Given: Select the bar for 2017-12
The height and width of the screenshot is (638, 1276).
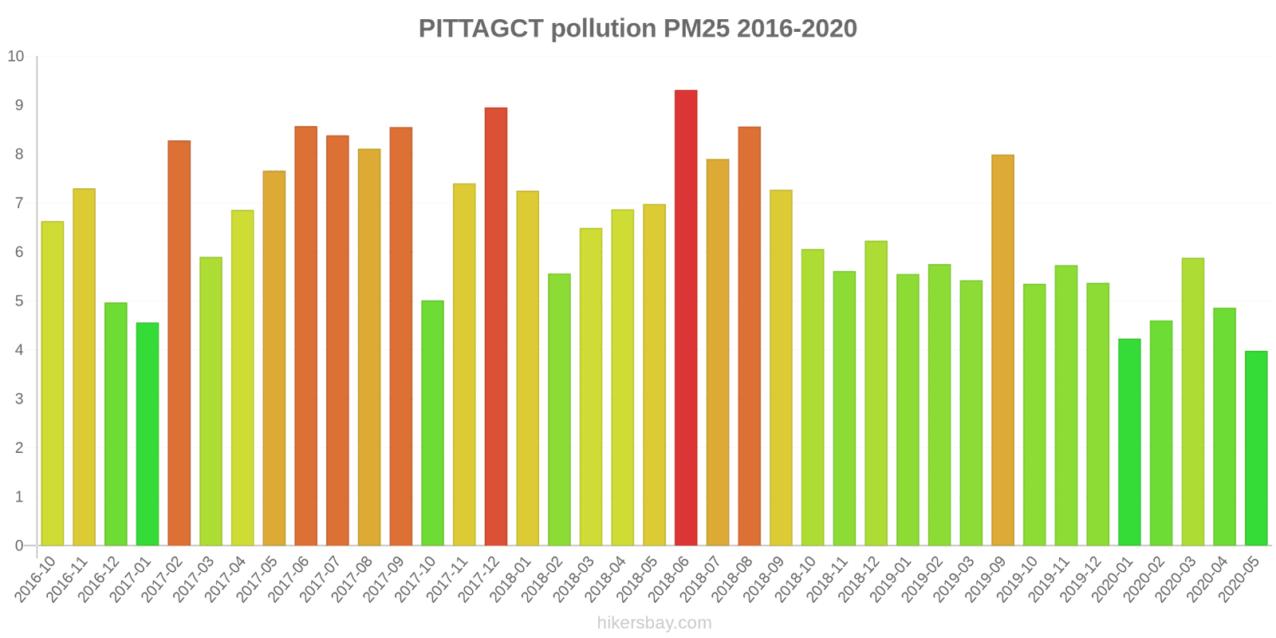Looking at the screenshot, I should [496, 326].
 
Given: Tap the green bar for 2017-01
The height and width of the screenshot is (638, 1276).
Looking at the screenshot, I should [148, 434].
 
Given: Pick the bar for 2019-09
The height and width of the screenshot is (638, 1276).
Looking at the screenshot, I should [1002, 350].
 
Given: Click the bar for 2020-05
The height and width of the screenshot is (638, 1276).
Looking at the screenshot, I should [1256, 448].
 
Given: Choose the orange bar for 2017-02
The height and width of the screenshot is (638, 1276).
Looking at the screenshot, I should [179, 343].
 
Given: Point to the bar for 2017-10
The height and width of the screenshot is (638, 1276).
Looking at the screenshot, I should [432, 423].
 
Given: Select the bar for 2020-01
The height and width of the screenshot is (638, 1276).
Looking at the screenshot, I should [1129, 442].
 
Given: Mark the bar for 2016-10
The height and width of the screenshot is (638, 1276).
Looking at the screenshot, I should [53, 384].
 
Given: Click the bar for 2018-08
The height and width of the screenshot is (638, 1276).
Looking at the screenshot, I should [749, 336].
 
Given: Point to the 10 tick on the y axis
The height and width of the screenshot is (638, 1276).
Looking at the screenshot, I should [16, 57].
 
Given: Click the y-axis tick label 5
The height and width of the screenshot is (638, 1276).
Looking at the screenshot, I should [20, 301].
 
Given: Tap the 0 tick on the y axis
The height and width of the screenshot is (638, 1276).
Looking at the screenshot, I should [20, 546].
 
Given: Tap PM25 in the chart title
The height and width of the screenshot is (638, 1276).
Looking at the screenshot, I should [696, 29].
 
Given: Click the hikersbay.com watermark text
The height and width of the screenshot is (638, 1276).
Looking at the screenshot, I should [654, 623].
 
